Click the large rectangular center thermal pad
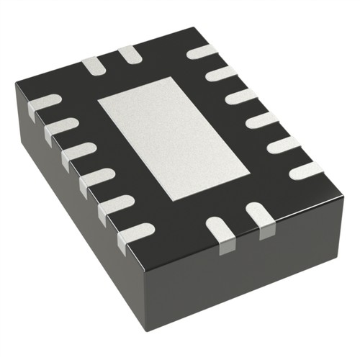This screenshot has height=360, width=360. point(173,138)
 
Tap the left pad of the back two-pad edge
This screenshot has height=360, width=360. point(94,66)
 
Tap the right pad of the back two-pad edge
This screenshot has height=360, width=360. point(129,53)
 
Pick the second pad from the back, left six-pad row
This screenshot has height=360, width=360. point(60,129)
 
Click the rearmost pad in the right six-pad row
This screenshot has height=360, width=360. point(202,52)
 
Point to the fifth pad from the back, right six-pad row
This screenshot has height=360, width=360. point(284,145)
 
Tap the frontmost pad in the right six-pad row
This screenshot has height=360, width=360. point(306,171)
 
